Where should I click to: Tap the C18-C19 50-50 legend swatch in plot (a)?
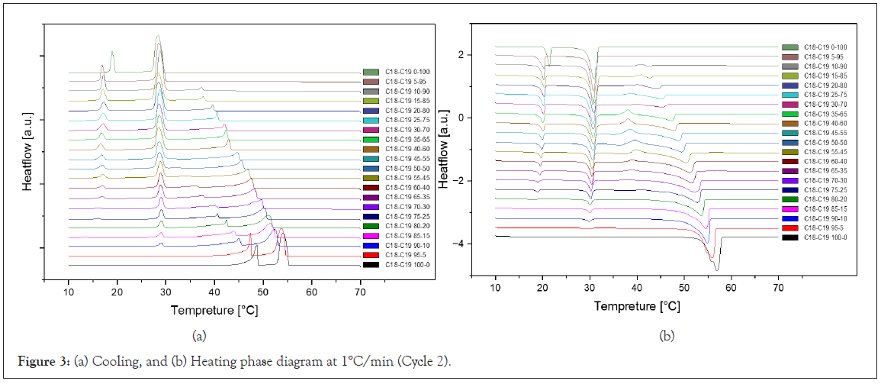click(371, 168)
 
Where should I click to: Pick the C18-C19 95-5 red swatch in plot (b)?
click(790, 227)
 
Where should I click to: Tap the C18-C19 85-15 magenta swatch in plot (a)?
click(371, 235)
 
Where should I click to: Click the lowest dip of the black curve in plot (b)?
click(716, 269)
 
